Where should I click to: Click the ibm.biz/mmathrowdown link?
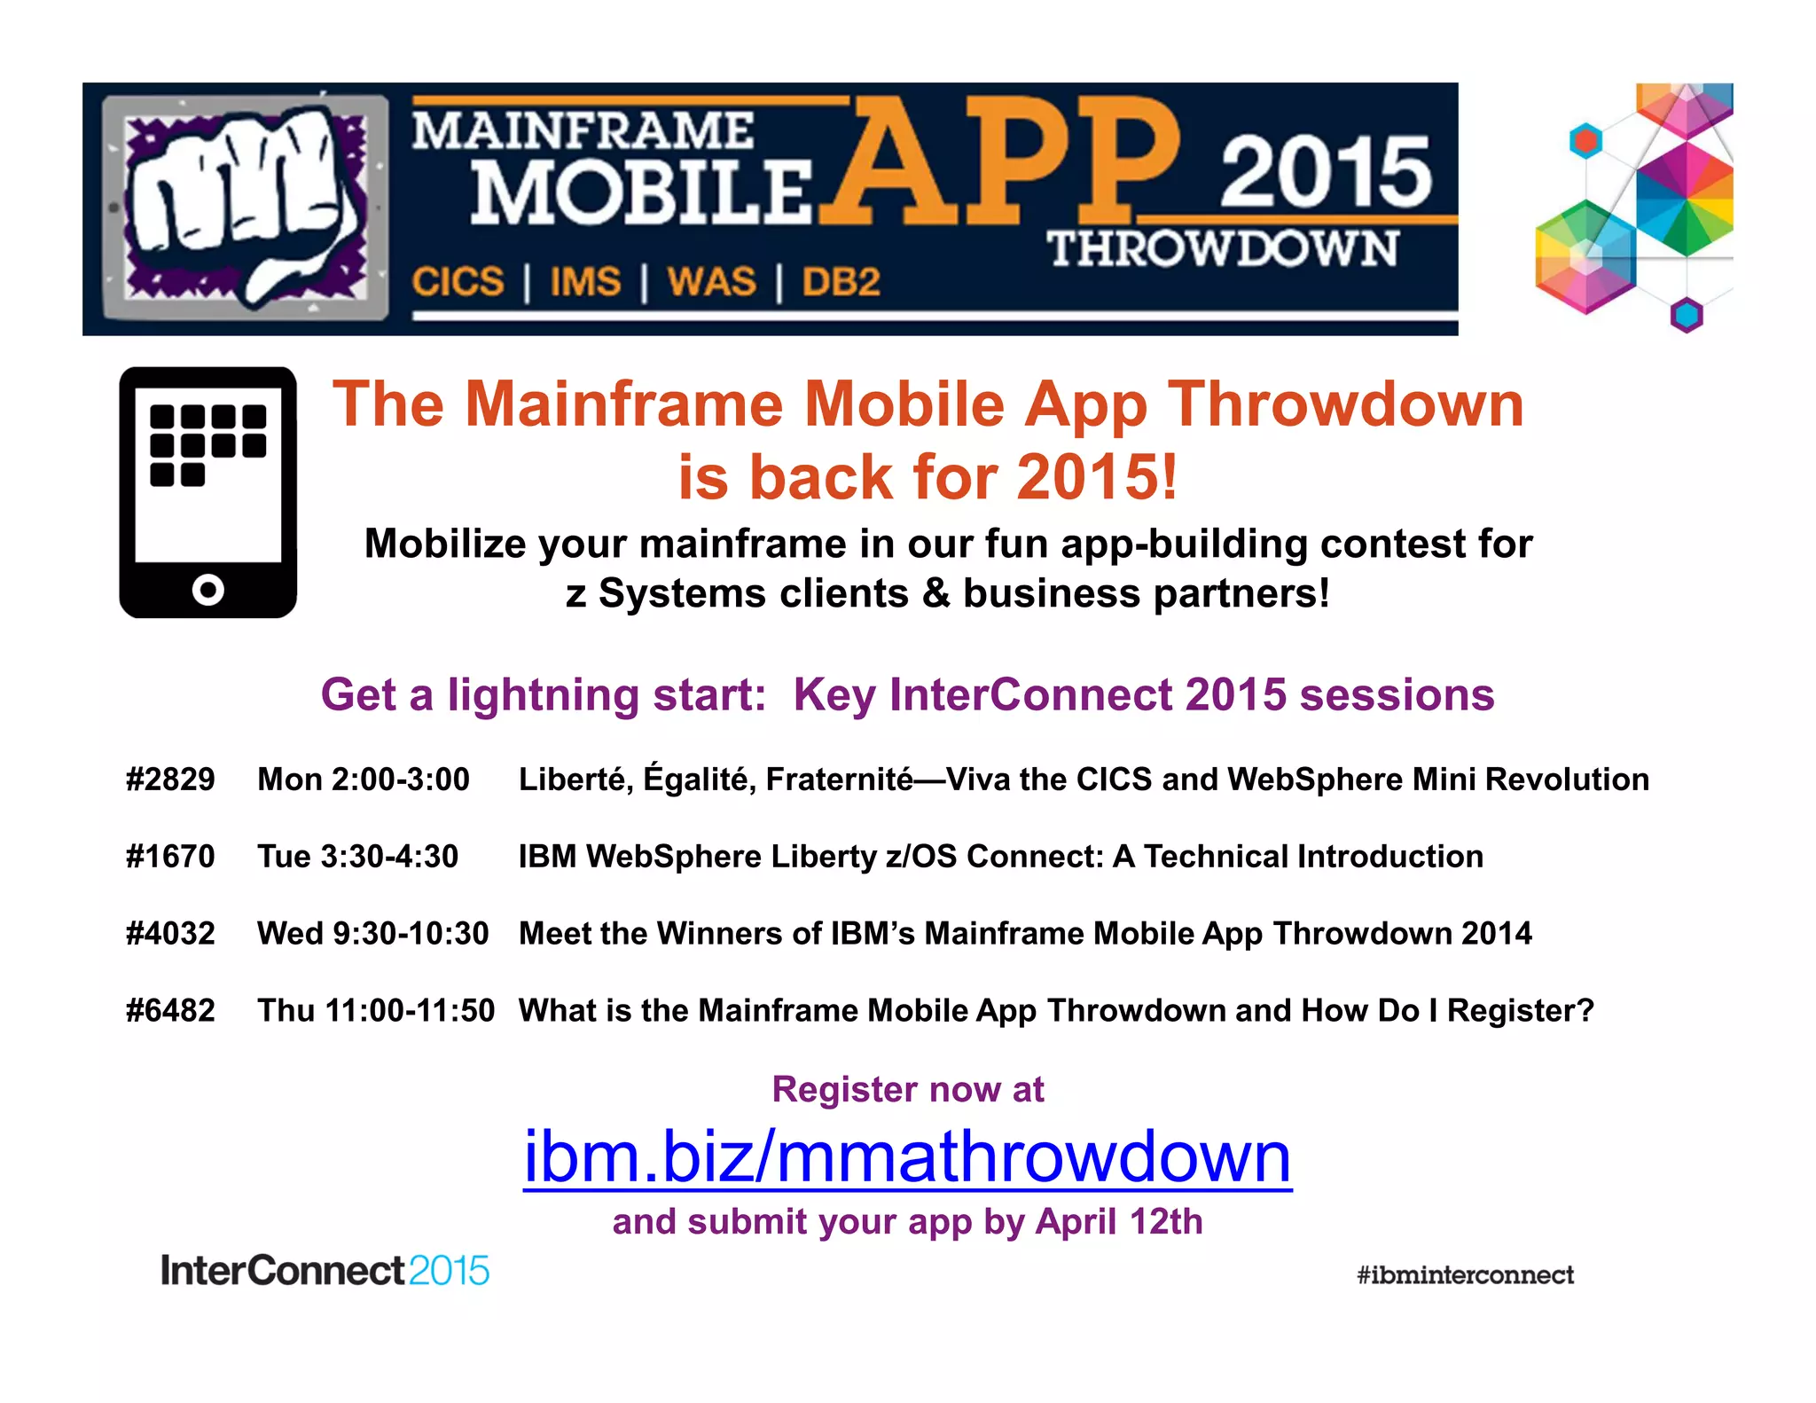(907, 1157)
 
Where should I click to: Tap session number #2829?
(170, 780)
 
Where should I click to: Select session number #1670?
(170, 857)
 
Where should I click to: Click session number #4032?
(170, 934)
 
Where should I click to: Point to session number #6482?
(170, 1011)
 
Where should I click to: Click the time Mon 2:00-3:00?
(364, 780)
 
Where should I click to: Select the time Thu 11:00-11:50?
(376, 1011)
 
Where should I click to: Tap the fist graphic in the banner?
(244, 206)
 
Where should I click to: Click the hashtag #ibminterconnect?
(1465, 1275)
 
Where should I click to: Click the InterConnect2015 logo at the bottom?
(325, 1271)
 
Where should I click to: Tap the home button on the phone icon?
(208, 589)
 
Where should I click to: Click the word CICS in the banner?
(458, 282)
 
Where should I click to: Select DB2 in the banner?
(841, 282)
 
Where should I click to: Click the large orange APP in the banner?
(1002, 164)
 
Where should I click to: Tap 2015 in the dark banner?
(1326, 173)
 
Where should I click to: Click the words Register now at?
(907, 1089)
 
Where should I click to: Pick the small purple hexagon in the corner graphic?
(1687, 315)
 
